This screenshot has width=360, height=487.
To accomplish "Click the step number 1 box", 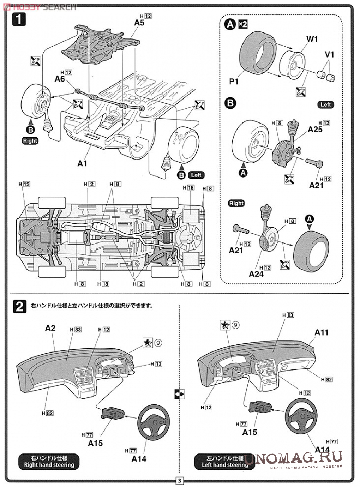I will tap(19, 19).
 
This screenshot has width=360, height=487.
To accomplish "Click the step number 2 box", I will tap(19, 306).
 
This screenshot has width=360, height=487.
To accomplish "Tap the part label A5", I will tap(139, 22).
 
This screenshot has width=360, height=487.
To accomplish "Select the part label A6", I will tap(60, 79).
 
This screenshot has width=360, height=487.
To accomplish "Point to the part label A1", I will tap(82, 163).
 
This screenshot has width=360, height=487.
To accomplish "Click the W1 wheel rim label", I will tap(312, 39).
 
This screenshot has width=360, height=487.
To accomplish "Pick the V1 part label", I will tap(329, 55).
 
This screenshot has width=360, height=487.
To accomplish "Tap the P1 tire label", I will tap(234, 82).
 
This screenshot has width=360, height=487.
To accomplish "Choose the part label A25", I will tap(315, 130).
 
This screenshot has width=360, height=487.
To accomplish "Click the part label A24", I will tap(256, 274).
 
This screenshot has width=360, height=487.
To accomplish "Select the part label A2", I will tap(50, 328).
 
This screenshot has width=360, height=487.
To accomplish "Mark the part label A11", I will tap(321, 332).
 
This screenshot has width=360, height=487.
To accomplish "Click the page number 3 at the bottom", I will tap(180, 481).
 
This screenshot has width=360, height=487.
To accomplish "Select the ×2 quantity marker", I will tap(242, 24).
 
